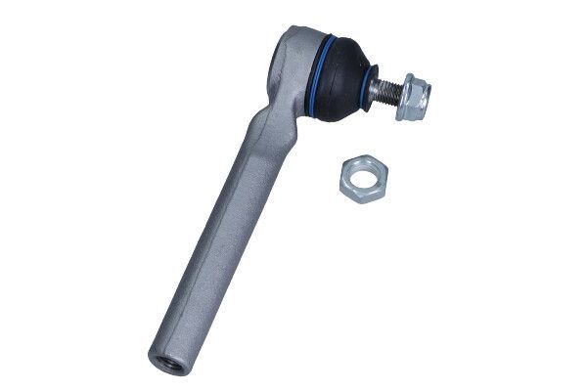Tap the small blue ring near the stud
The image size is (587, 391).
coord(373,86)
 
